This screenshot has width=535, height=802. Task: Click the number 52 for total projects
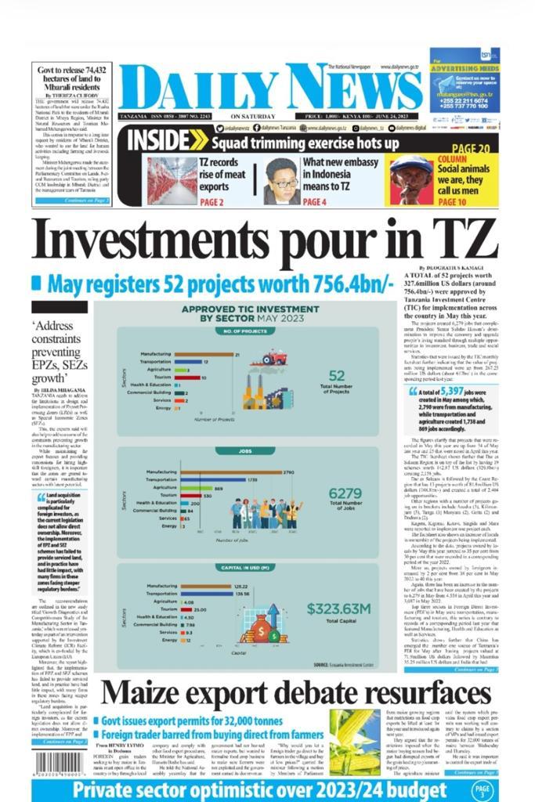point(337,376)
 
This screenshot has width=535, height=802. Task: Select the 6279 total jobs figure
point(345,493)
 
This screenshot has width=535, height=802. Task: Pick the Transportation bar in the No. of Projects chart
point(190,362)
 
